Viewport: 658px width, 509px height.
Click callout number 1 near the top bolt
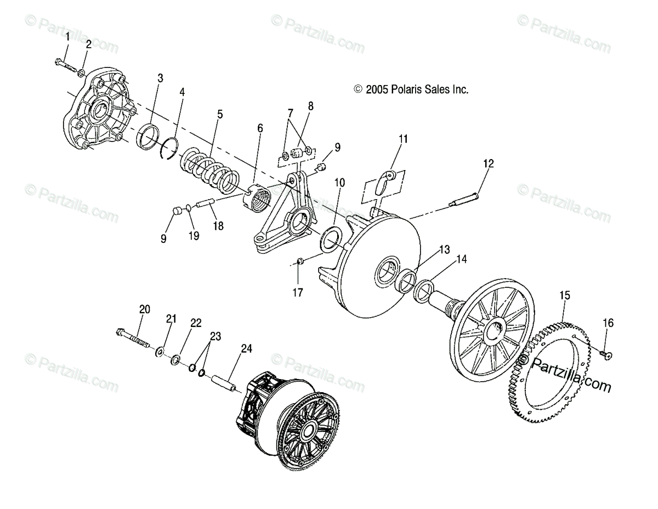[x=68, y=37]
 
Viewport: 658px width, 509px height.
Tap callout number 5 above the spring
[x=220, y=114]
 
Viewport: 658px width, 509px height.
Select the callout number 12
[x=489, y=163]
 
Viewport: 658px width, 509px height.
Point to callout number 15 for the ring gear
[x=565, y=296]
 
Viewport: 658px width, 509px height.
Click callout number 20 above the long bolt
[x=144, y=309]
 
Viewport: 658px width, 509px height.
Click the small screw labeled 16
[x=605, y=355]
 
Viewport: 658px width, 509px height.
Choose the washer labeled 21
[x=161, y=350]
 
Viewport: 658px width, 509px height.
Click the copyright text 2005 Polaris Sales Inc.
[x=411, y=89]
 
